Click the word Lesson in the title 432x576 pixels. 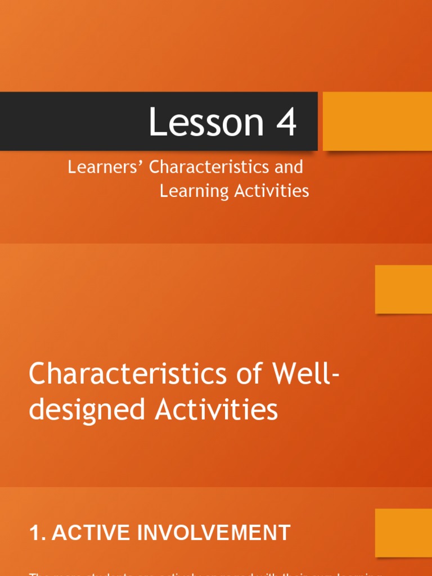206,123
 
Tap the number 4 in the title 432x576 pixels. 286,123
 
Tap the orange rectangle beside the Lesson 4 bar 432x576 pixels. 377,121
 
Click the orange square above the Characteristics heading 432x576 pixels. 403,289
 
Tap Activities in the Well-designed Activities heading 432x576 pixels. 216,409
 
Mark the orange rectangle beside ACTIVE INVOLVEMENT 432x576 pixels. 403,533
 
